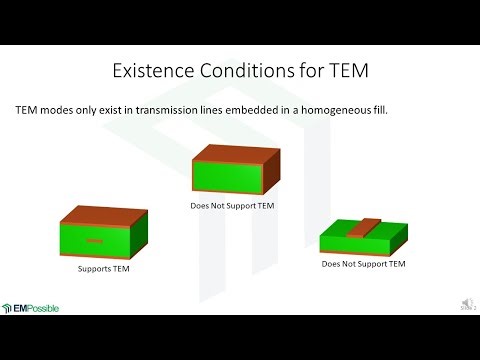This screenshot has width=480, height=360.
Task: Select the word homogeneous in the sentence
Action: coord(318,110)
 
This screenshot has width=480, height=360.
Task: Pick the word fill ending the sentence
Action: coord(373,110)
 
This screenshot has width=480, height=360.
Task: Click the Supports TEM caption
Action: coord(106,269)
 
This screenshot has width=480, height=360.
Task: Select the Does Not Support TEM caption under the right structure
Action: coord(364,264)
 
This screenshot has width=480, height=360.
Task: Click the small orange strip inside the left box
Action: coord(93,242)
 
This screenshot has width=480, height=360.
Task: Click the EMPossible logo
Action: coord(31,308)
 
